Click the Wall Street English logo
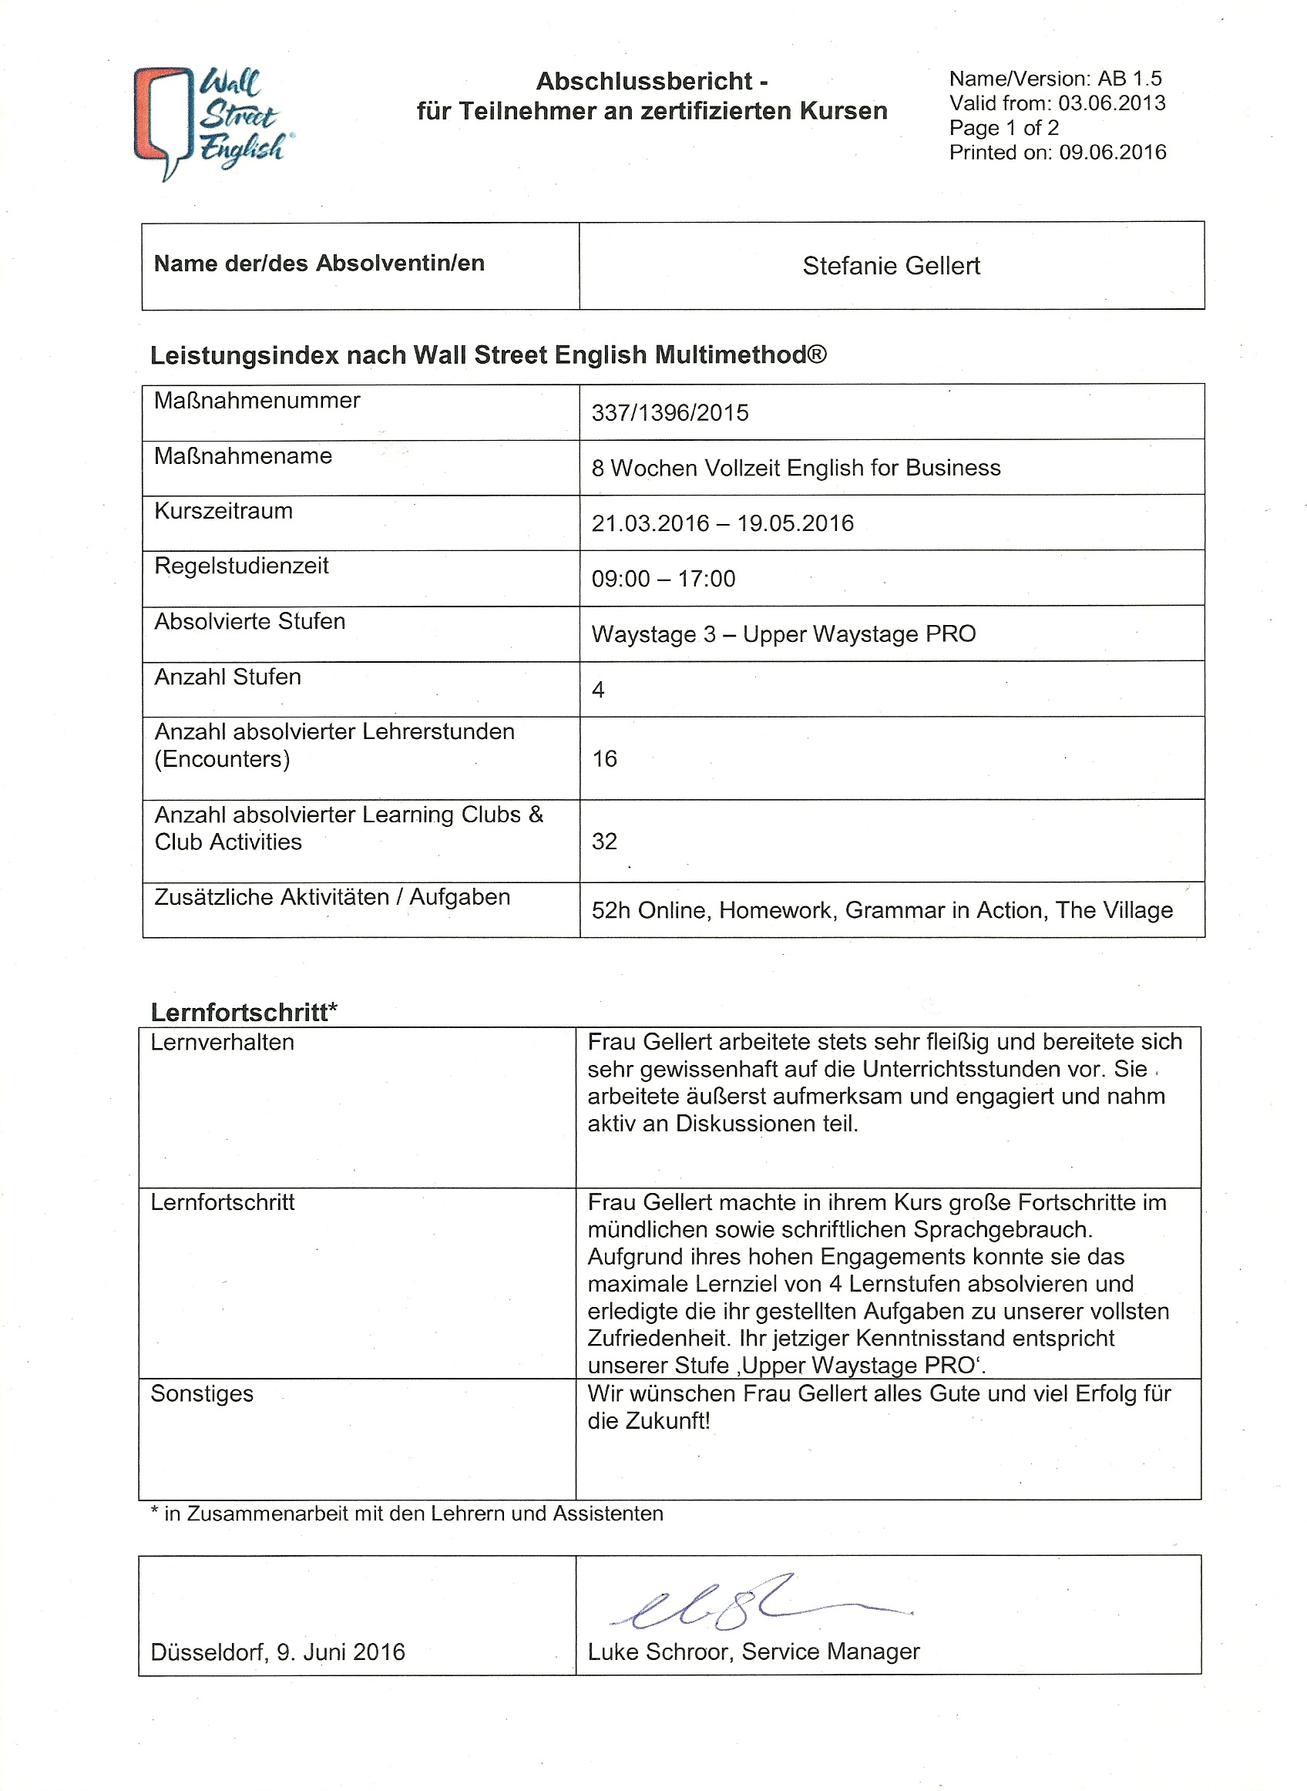[x=211, y=123]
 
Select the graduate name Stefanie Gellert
[x=891, y=266]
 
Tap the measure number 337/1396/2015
[x=670, y=413]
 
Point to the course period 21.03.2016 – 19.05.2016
[x=722, y=524]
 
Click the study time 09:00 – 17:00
[x=663, y=579]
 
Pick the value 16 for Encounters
[x=604, y=759]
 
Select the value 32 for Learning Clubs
[x=604, y=842]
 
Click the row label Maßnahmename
[x=243, y=456]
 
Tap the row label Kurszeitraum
[x=223, y=512]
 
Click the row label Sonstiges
[x=202, y=1394]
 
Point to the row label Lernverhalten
[x=222, y=1043]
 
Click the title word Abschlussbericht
[x=646, y=82]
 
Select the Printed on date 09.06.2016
[x=1112, y=153]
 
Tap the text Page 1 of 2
[x=1003, y=128]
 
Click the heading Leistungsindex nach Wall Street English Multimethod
[x=488, y=355]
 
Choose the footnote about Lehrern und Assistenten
[x=407, y=1514]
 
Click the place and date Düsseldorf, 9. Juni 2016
[x=277, y=1652]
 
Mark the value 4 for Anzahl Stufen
[x=598, y=691]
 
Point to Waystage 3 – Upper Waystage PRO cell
[x=783, y=634]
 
